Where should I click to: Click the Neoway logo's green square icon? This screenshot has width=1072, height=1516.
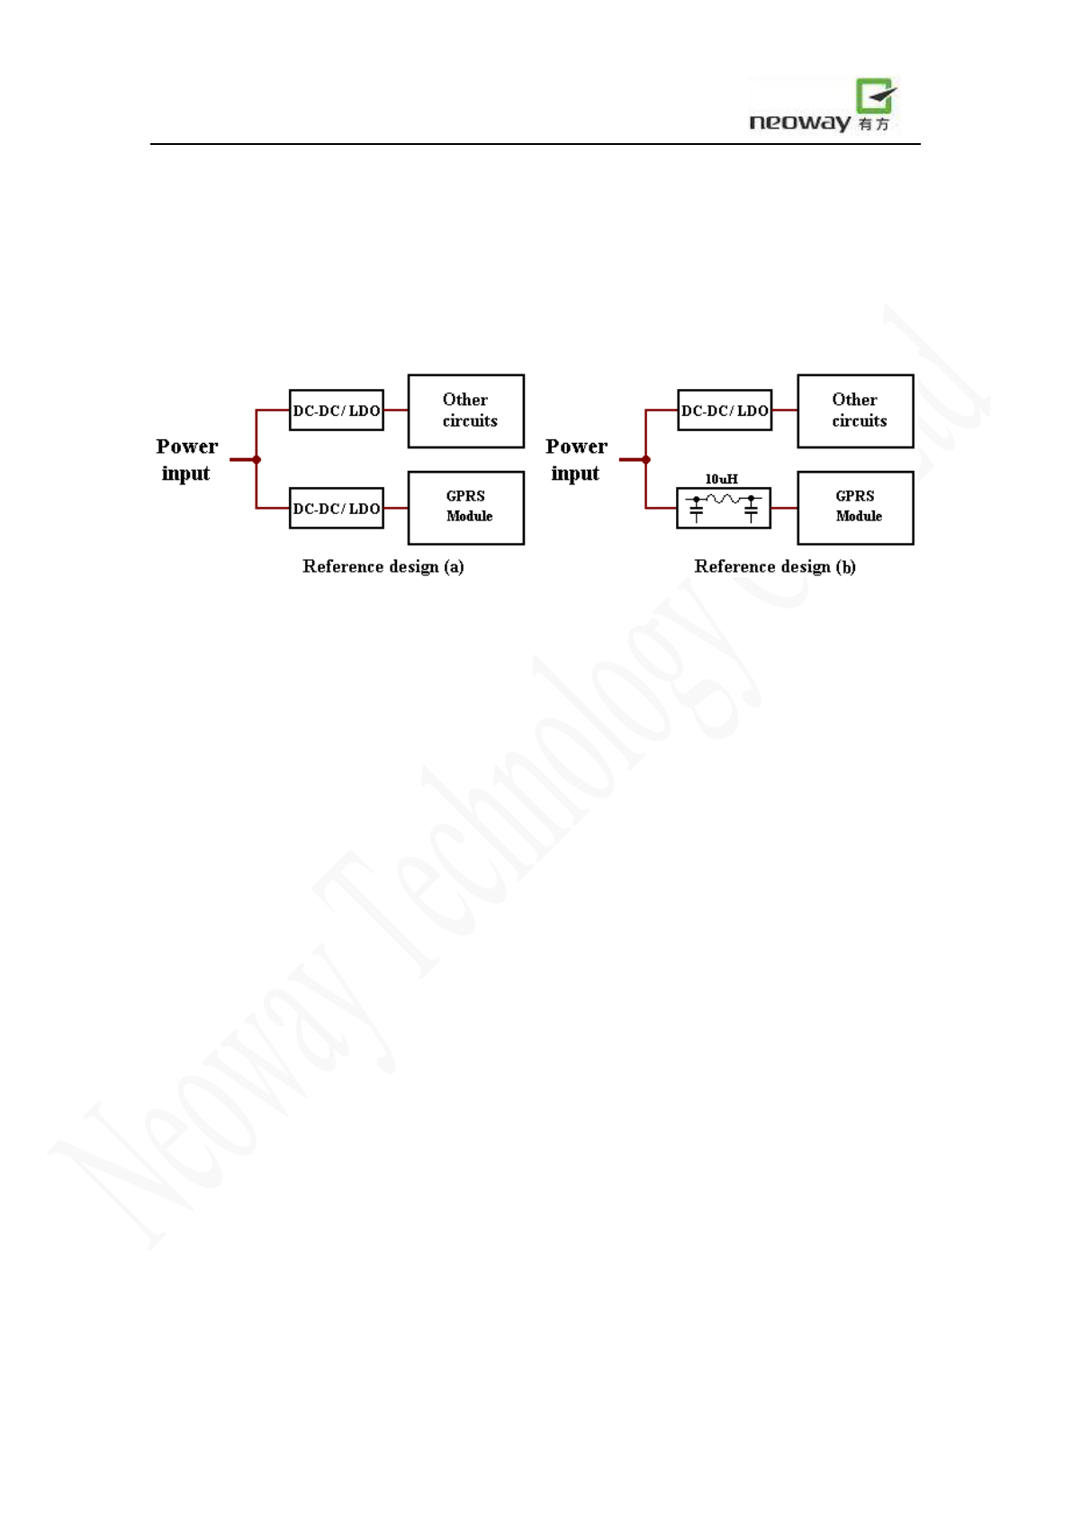click(875, 95)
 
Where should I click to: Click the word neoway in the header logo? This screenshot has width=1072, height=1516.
click(799, 122)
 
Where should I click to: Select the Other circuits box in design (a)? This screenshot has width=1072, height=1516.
click(466, 411)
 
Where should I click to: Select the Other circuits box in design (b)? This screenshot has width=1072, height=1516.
click(855, 411)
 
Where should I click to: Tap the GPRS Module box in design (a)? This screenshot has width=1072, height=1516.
click(466, 507)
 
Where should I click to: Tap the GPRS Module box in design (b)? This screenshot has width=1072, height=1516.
click(855, 507)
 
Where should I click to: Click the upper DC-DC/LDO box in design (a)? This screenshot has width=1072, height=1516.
click(337, 411)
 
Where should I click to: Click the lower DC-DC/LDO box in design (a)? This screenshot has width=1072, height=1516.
click(337, 508)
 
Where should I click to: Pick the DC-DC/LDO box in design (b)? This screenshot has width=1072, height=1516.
click(725, 411)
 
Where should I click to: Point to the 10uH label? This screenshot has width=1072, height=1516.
click(721, 479)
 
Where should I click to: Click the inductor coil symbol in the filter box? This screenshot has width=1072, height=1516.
click(724, 498)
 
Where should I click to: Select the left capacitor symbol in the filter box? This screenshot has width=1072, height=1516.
click(696, 510)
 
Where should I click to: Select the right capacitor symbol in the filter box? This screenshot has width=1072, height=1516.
click(752, 510)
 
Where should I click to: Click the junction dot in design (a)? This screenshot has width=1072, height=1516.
click(257, 460)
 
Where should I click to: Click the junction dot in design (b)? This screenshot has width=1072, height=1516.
click(646, 460)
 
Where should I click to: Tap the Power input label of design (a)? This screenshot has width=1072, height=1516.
click(186, 459)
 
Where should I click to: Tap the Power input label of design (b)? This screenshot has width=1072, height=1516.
click(576, 459)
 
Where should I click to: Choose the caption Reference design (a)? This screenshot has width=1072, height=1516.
click(383, 566)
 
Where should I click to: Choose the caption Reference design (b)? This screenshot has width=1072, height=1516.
click(775, 566)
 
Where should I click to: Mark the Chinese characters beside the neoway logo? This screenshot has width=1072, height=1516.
click(873, 124)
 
